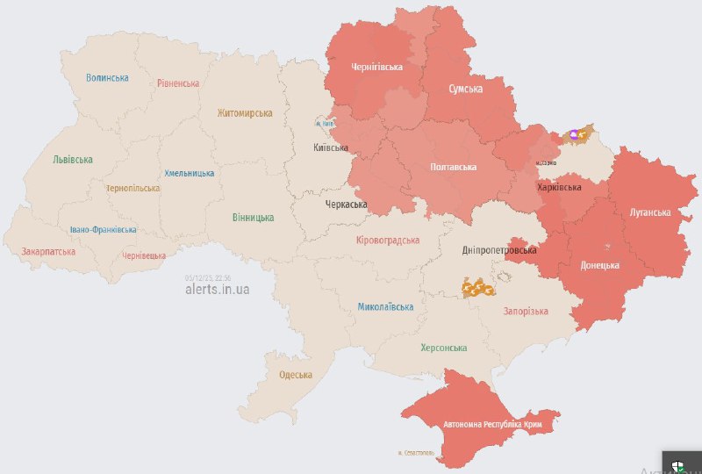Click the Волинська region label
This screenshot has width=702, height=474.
coord(107,78)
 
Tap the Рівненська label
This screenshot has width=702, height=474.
coord(178,83)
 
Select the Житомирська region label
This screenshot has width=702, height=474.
coord(245,113)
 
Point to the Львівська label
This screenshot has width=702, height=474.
coord(73,160)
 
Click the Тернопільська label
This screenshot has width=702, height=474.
coord(133,189)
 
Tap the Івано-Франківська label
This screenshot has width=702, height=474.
coord(103,230)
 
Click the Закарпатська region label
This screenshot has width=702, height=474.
coord(48,252)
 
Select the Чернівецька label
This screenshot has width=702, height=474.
coord(144,255)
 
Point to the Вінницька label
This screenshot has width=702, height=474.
coord(253,218)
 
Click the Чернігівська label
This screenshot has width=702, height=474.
coord(376,67)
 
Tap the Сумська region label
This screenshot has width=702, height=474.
coord(464,90)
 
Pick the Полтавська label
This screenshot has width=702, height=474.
coord(453,167)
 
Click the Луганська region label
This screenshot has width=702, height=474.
coord(649,212)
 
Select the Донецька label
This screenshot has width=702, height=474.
coord(599,265)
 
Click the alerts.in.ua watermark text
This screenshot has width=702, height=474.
coord(217,289)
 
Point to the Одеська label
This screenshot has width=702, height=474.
coord(296,375)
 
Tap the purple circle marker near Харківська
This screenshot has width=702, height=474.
coord(574,134)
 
